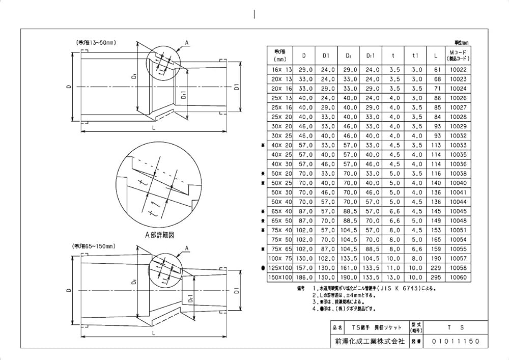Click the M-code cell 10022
tap(458, 69)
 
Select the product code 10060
tap(458, 277)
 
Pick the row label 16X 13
tap(281, 69)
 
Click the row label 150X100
tap(281, 277)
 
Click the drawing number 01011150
tap(454, 342)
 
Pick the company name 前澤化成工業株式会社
tap(367, 342)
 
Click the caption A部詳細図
tap(160, 235)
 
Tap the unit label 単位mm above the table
tap(461, 43)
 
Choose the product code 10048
tap(458, 221)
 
